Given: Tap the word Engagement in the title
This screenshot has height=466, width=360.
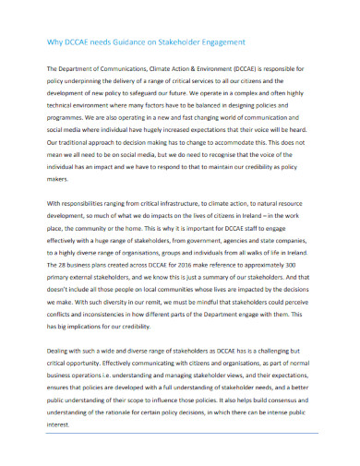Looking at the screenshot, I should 219,42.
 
